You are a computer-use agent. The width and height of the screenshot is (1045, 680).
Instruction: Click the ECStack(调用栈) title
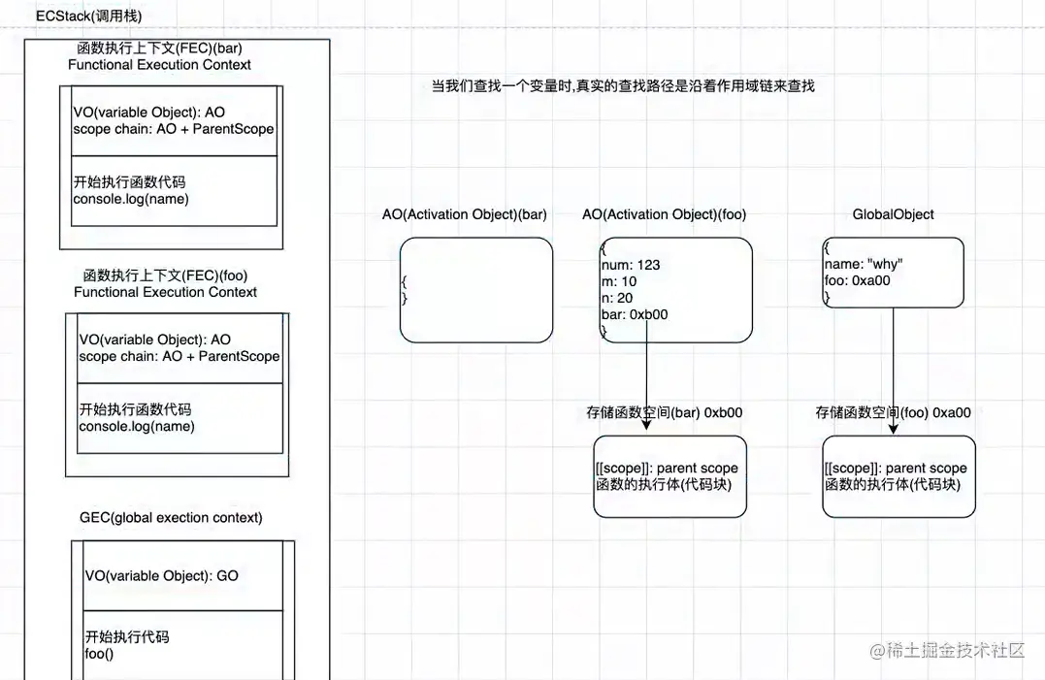[88, 17]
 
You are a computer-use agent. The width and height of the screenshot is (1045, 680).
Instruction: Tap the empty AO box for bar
[475, 290]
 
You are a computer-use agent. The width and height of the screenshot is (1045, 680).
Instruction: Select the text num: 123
[631, 265]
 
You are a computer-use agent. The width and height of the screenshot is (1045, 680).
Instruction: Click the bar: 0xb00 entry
[635, 314]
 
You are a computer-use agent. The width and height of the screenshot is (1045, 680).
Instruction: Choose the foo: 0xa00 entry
[857, 281]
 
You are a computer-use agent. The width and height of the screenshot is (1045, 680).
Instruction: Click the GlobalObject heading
[893, 214]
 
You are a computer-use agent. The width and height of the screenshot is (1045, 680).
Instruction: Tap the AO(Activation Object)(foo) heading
[665, 214]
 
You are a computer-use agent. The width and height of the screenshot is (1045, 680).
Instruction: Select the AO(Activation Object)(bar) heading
[464, 214]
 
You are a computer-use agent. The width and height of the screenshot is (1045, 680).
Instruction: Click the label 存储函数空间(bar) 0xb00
[665, 412]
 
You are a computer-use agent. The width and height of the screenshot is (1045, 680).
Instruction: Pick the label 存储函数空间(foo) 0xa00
[893, 412]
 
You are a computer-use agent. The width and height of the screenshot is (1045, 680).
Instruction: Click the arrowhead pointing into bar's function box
[646, 429]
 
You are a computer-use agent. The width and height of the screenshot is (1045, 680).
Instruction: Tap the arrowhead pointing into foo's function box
[894, 429]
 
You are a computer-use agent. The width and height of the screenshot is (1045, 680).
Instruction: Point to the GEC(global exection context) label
[171, 518]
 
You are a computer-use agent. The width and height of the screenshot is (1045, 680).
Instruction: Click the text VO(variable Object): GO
[161, 575]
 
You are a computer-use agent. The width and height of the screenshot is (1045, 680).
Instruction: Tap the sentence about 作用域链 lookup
[623, 86]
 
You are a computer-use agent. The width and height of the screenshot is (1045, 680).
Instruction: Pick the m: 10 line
[619, 281]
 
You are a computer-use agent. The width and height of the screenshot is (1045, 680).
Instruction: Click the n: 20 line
[617, 298]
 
